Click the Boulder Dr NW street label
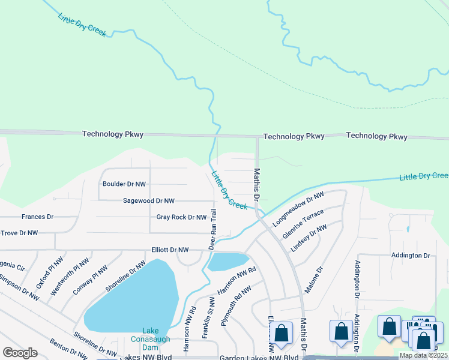point(124,184)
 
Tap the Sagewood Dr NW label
point(149,201)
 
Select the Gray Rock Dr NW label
point(181,217)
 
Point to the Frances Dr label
point(37,217)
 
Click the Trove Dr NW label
point(19,233)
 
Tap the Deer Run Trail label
point(212,229)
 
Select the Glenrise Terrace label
point(303,224)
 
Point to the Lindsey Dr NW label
point(309,238)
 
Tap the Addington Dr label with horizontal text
point(411,256)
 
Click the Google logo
point(20,353)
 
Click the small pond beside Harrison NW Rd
point(228,261)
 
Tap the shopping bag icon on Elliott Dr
point(280,334)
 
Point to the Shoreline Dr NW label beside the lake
point(125,277)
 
